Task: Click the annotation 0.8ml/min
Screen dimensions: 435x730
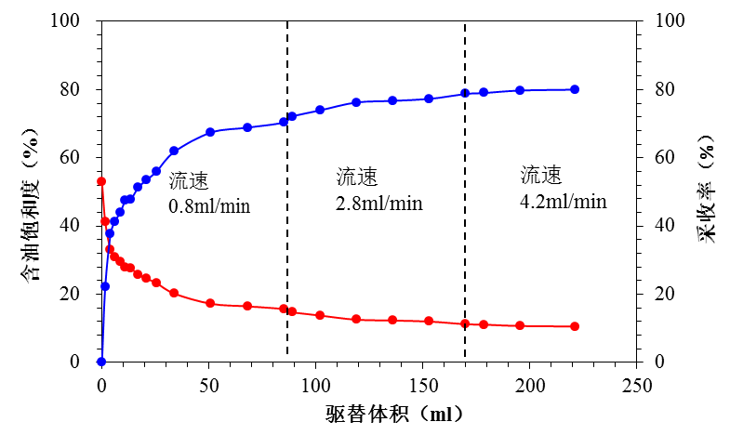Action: [x=210, y=204]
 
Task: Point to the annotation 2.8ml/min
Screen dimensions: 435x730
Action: [x=378, y=203]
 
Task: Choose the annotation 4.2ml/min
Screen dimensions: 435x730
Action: [x=563, y=201]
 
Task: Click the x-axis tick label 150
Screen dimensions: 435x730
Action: [x=423, y=384]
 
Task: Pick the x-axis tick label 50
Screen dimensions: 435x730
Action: [x=208, y=384]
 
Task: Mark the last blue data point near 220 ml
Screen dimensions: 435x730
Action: [x=575, y=89]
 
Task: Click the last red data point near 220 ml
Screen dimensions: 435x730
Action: [x=575, y=326]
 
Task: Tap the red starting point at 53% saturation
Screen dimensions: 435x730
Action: [x=101, y=181]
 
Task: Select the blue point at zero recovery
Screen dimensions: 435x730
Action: [x=101, y=362]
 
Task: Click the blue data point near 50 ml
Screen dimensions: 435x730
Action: [x=210, y=132]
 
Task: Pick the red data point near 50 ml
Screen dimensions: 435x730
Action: [x=210, y=304]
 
